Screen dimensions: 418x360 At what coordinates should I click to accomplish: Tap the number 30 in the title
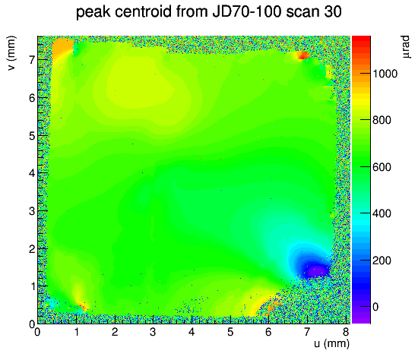tap(333, 12)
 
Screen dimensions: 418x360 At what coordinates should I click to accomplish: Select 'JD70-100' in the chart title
tap(246, 12)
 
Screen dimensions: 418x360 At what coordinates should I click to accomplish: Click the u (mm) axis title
tap(331, 344)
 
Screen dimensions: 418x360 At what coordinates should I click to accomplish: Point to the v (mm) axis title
tap(11, 53)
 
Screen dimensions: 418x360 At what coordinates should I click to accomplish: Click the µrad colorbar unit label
tap(406, 47)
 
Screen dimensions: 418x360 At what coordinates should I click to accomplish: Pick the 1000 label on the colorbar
tap(385, 74)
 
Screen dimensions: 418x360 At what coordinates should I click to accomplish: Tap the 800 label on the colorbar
tap(382, 120)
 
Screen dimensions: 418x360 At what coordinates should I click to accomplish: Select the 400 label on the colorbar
tap(382, 213)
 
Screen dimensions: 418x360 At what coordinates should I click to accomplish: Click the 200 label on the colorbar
tap(382, 261)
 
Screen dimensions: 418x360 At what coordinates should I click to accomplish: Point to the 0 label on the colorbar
tap(375, 307)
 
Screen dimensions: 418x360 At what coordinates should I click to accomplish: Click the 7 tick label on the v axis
tap(32, 60)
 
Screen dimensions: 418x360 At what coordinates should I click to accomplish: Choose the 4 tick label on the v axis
tap(32, 173)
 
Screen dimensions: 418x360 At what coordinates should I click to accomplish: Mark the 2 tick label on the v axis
tap(32, 249)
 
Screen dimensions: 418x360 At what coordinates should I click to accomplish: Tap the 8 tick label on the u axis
tap(346, 332)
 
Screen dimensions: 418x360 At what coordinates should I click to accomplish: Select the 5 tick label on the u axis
tap(230, 332)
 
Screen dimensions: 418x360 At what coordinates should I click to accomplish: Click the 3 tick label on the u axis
tap(153, 332)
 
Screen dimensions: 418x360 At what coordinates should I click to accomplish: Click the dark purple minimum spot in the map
tap(316, 270)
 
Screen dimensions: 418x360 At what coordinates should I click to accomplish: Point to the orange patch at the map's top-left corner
tap(62, 46)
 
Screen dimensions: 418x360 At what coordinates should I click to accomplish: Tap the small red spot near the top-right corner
tap(303, 55)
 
